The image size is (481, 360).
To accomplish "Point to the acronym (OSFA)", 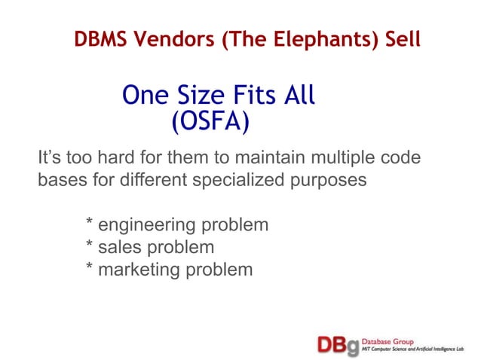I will pyautogui.click(x=210, y=120).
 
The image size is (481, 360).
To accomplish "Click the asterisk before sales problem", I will pyautogui.click(x=90, y=246).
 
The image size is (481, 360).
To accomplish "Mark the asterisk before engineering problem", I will pyautogui.click(x=90, y=224).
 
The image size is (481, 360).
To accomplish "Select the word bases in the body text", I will pyautogui.click(x=58, y=181).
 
